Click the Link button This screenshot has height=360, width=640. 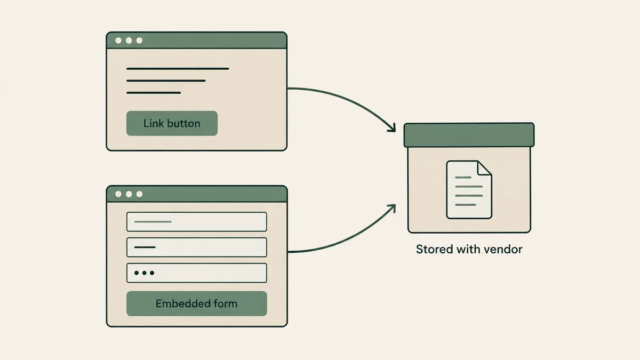(172, 123)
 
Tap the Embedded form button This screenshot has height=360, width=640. (197, 303)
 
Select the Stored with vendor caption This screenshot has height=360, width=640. (469, 249)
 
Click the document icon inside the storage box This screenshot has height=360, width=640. (469, 190)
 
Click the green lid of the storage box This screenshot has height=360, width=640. (469, 135)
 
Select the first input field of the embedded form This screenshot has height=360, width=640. (197, 222)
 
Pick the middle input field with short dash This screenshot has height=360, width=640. (197, 247)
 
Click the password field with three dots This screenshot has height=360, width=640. (197, 273)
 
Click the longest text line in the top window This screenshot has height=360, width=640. (178, 69)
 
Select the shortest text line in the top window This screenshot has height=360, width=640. (154, 93)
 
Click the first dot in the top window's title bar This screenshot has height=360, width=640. (118, 41)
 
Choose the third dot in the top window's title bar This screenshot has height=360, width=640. (139, 41)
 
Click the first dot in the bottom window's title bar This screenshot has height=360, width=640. (118, 194)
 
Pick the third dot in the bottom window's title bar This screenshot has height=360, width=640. (139, 194)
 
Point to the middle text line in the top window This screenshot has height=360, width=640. (166, 81)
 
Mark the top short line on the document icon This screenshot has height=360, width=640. (463, 178)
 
